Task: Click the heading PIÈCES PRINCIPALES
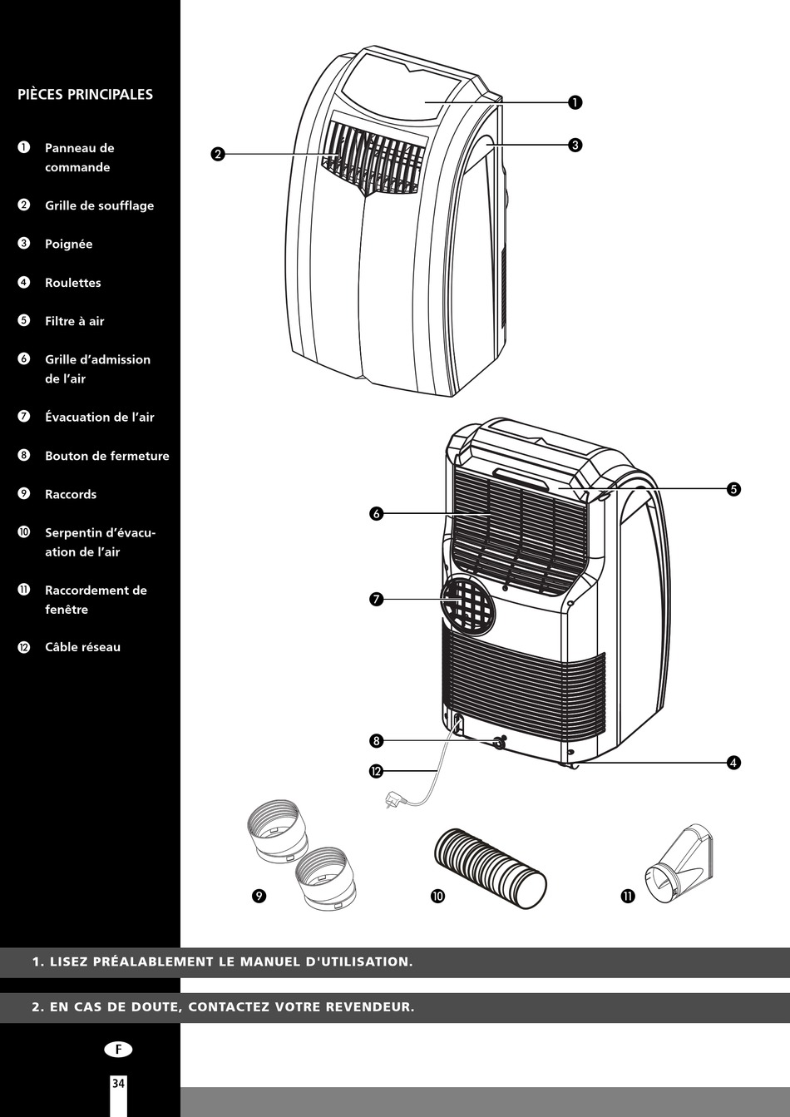pos(85,94)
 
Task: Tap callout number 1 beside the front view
pos(575,102)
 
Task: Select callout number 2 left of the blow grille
pos(218,154)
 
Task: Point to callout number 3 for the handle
pos(575,145)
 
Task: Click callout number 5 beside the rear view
pos(733,489)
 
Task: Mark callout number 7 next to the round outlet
pos(376,599)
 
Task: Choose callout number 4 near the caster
pos(733,763)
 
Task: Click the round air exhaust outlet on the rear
pos(467,604)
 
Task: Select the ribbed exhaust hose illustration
pos(491,866)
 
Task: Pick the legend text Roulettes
pos(73,283)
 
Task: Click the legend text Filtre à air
pos(75,321)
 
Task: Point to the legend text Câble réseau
pos(82,647)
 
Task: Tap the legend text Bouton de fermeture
pos(106,456)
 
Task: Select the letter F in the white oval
pos(118,1050)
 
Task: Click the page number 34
pos(118,1083)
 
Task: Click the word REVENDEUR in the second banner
pos(369,1007)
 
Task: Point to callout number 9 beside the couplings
pos(259,896)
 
